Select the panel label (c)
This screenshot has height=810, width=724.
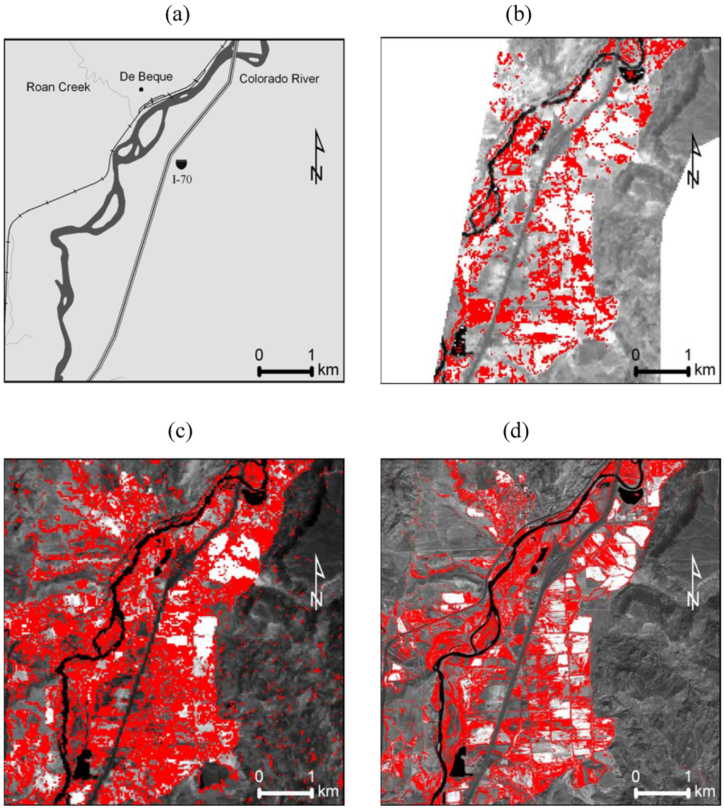tap(174, 430)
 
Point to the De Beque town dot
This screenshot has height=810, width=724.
tap(141, 89)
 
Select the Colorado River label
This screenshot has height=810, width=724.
tap(279, 79)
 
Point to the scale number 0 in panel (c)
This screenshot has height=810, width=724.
tap(259, 776)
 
